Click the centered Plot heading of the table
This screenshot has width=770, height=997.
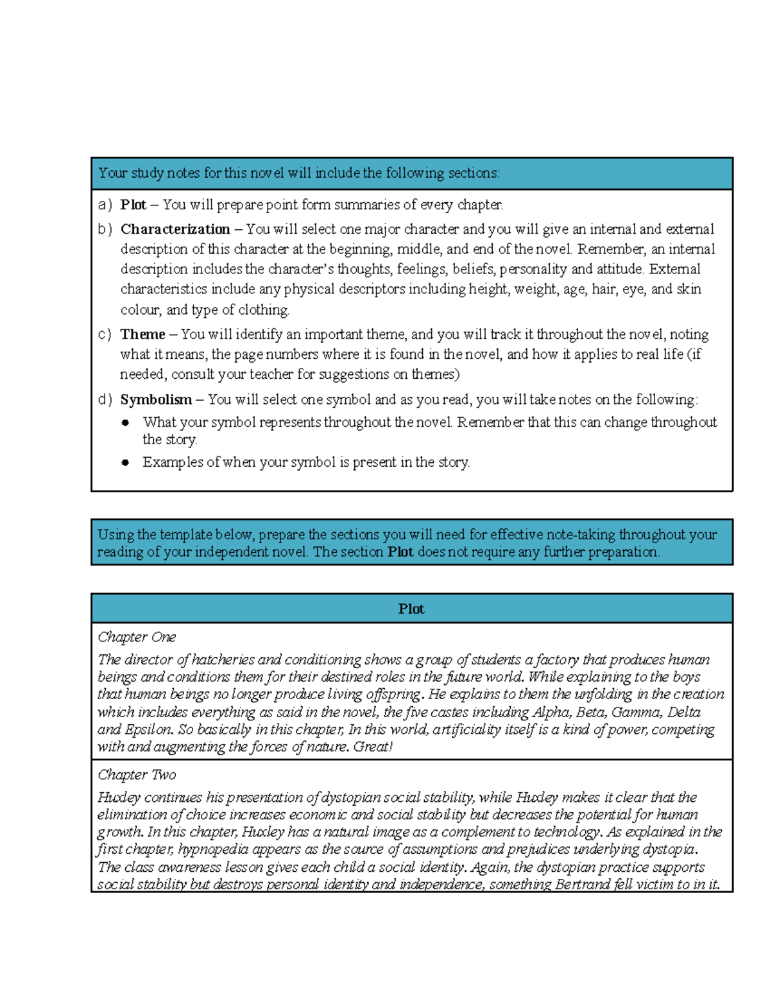(411, 609)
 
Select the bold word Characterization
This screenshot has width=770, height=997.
(175, 229)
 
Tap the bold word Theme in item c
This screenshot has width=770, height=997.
(142, 334)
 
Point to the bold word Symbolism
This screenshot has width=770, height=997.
(156, 399)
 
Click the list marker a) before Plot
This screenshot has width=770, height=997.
(105, 205)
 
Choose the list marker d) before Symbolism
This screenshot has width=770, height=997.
(105, 399)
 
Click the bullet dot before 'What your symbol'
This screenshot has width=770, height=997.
(126, 422)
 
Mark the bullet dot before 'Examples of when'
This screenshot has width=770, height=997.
(126, 462)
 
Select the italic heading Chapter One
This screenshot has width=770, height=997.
(136, 637)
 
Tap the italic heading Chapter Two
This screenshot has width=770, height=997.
(136, 775)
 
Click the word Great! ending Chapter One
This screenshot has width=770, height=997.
(373, 747)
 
